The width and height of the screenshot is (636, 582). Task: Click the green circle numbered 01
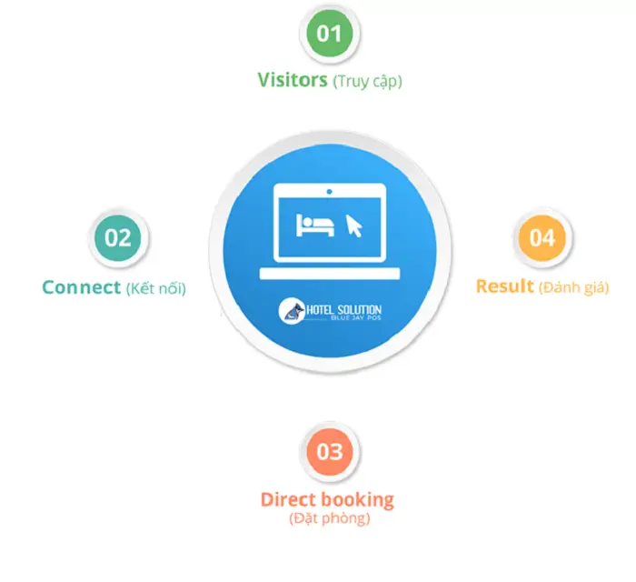point(329,35)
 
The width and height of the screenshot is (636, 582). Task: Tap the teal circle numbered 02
point(118,238)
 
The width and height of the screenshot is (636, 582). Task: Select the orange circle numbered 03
point(329,452)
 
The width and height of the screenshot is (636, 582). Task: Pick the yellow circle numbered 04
point(542,237)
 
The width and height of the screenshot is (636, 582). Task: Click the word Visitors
point(292,80)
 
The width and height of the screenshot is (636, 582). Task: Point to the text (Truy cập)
point(367,81)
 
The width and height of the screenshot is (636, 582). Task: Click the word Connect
point(81,287)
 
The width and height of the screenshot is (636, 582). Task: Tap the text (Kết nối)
point(155,288)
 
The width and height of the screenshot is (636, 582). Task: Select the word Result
point(505,286)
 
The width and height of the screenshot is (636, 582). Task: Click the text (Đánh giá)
point(573,287)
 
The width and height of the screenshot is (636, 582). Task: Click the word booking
point(359,500)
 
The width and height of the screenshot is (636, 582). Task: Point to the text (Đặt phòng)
point(329,519)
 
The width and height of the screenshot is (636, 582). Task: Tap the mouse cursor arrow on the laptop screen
point(354,226)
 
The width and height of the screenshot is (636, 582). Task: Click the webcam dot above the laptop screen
point(329,191)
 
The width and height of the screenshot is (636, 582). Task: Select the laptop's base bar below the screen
point(329,274)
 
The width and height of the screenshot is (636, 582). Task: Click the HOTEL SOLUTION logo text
point(343,310)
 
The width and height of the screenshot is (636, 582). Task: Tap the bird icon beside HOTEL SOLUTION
point(289,312)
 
